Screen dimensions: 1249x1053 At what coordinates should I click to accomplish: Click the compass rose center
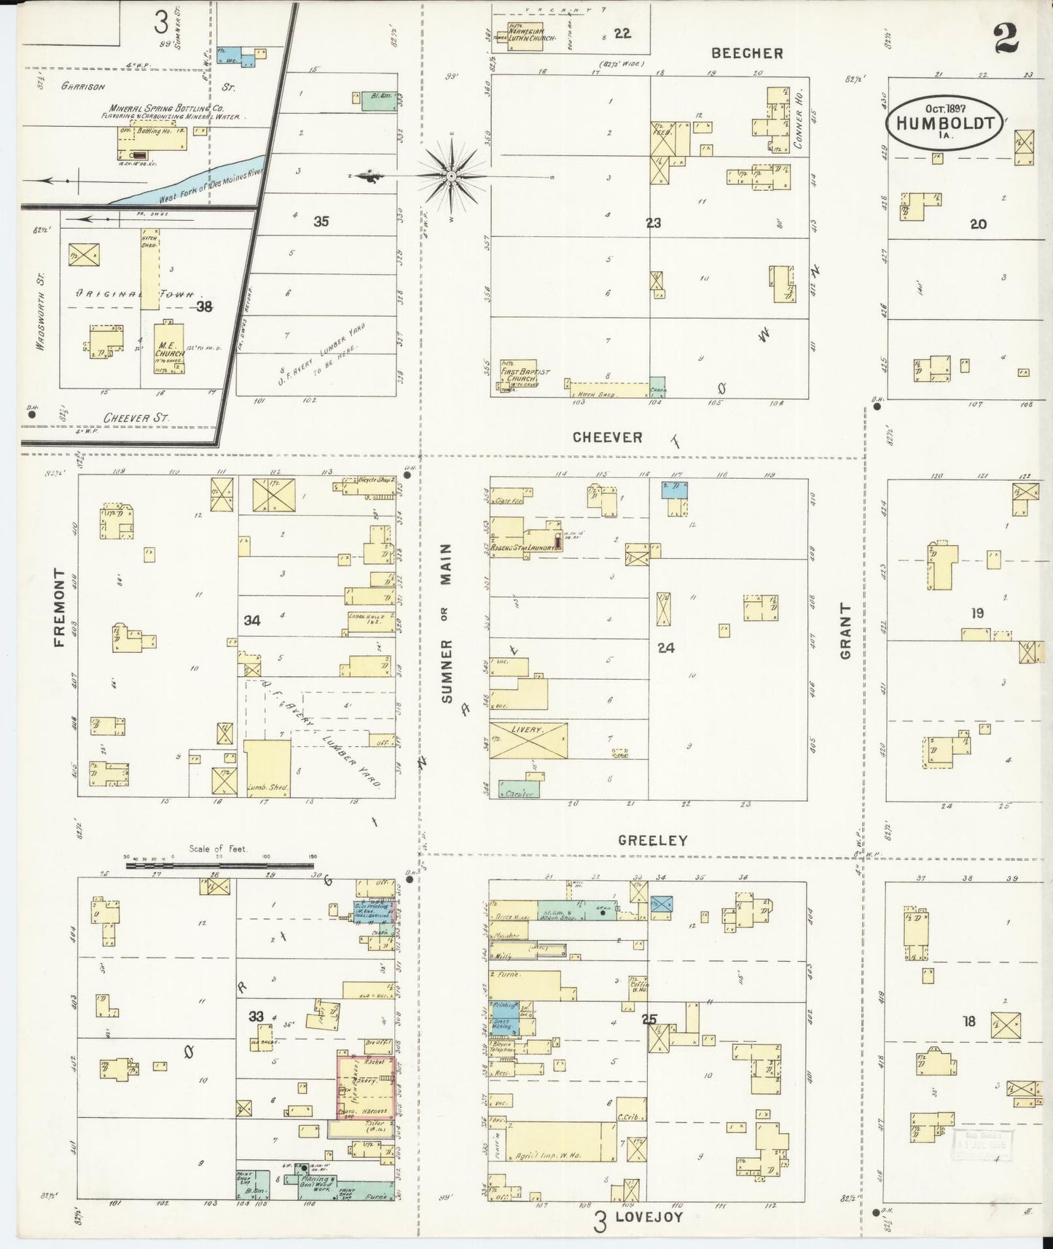(x=451, y=176)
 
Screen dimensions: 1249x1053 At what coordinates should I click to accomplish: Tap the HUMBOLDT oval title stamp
(x=945, y=124)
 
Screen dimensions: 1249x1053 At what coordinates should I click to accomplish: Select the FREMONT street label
(x=60, y=608)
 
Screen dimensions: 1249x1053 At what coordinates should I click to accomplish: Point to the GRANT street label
(x=846, y=631)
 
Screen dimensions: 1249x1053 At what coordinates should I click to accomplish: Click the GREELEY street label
(x=652, y=840)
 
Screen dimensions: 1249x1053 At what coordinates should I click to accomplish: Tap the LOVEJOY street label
(x=649, y=1216)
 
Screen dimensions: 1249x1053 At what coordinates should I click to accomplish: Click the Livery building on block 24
(x=528, y=740)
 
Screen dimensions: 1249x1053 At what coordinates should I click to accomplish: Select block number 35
(x=321, y=222)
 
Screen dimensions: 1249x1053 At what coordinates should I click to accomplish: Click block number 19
(x=976, y=614)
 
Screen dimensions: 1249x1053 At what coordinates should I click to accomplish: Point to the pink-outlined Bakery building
(x=366, y=1086)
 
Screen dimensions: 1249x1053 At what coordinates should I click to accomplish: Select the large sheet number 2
(x=1006, y=40)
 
